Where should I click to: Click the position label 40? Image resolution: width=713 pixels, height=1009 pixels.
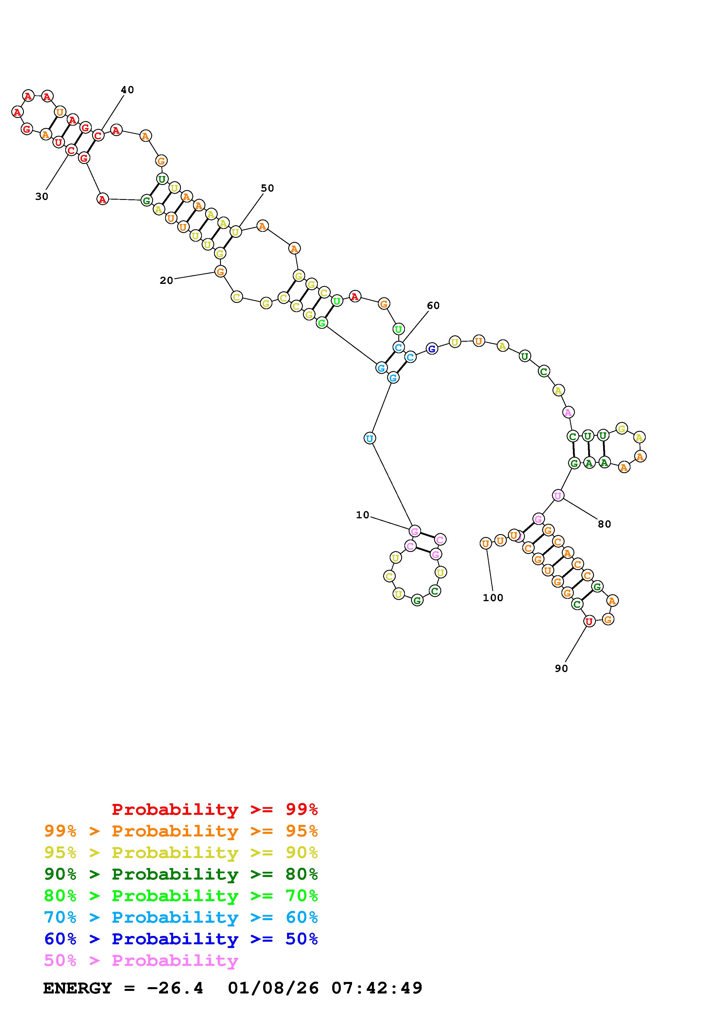[x=127, y=90]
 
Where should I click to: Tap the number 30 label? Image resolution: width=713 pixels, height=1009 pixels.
[x=42, y=197]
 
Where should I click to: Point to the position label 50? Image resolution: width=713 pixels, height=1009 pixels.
[x=267, y=188]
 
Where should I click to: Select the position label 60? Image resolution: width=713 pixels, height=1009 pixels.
[x=433, y=305]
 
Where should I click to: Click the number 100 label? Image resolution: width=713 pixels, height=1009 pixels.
[x=493, y=598]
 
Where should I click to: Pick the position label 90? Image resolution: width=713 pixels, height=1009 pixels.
[x=561, y=668]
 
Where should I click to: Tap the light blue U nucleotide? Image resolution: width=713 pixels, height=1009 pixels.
[x=370, y=438]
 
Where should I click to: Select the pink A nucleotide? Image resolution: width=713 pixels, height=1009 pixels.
[x=568, y=412]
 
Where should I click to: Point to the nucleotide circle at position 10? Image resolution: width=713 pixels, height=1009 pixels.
[x=414, y=531]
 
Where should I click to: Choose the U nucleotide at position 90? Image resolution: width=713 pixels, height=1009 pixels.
[x=589, y=621]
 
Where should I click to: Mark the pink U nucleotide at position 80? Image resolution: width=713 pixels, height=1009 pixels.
[x=557, y=496]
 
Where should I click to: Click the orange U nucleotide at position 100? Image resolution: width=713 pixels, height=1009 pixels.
[x=485, y=544]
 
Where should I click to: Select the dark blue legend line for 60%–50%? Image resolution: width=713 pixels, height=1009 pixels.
[x=181, y=939]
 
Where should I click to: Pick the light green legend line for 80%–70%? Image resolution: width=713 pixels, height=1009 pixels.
[x=181, y=896]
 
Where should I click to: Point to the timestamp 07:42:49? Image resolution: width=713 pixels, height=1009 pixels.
[x=377, y=988]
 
